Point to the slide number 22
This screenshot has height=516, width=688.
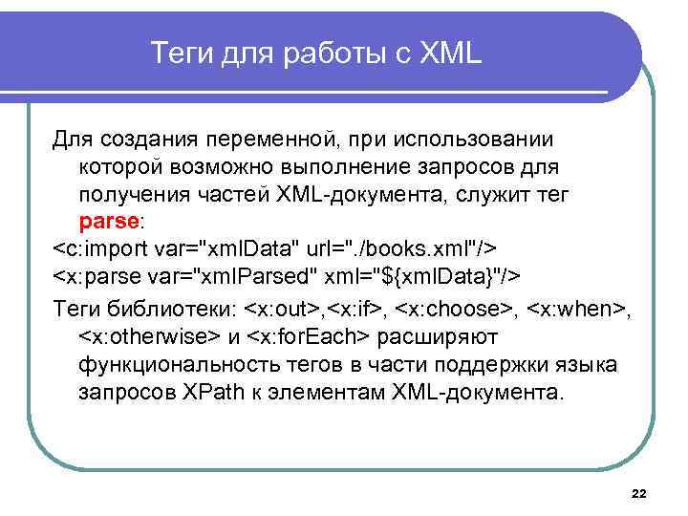[639, 493]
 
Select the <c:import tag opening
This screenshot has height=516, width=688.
[96, 249]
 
